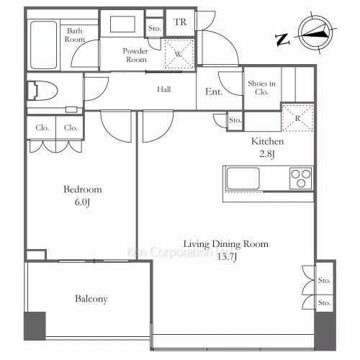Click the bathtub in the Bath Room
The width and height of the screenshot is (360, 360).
point(44,45)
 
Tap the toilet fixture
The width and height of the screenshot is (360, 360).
point(42,91)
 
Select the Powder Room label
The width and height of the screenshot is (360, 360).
point(135,55)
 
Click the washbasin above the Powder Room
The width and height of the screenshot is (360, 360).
point(122,24)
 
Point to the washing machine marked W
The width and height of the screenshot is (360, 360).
point(179,54)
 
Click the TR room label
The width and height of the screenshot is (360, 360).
point(180,22)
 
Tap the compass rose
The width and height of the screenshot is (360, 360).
point(315,32)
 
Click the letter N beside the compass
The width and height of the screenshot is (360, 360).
point(282,40)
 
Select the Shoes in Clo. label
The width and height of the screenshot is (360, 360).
point(261,88)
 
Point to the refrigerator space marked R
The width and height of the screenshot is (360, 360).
point(297,118)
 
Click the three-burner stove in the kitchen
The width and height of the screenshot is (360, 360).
point(301,179)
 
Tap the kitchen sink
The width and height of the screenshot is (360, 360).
point(243,179)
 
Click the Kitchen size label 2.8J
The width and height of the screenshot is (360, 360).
point(267,154)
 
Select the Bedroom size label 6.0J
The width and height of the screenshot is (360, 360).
point(82,202)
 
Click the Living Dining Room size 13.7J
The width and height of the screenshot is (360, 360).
point(227,257)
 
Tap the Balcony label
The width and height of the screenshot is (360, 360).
point(91,299)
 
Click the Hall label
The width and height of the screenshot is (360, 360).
point(164,89)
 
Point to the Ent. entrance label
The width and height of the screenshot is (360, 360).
point(214,91)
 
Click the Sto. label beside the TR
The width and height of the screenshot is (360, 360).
point(154,28)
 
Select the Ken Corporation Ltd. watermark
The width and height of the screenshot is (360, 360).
point(179,252)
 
